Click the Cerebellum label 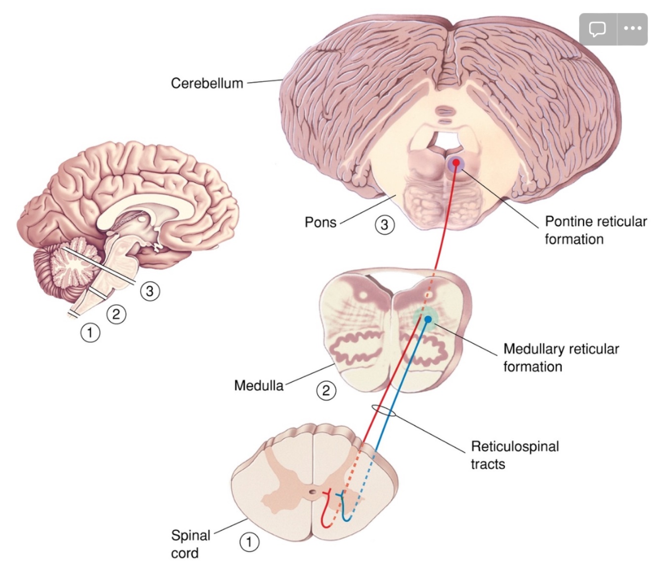[207, 83]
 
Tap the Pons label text [320, 222]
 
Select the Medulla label [259, 385]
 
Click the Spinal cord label [190, 544]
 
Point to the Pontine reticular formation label [595, 230]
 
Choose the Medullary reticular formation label [561, 358]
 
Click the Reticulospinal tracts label [514, 455]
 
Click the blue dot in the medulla [428, 319]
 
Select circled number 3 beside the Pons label [384, 225]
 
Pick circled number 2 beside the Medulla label [326, 391]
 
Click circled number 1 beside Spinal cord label [249, 542]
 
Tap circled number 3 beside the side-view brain [150, 291]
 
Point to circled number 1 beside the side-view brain [90, 332]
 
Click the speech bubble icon [597, 29]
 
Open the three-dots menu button [632, 29]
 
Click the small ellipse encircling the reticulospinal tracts [383, 410]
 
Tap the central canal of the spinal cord [312, 492]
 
